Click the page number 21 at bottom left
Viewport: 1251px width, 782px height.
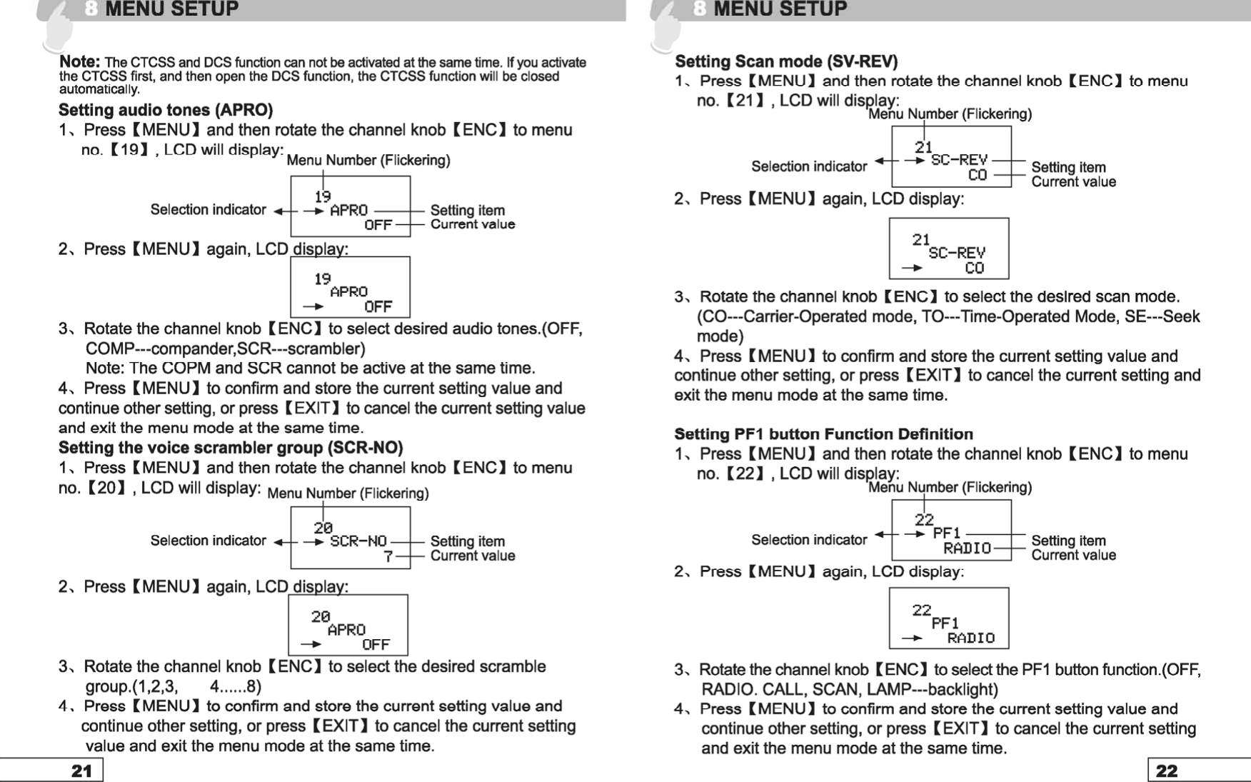81,771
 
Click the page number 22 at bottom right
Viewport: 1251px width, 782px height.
1166,771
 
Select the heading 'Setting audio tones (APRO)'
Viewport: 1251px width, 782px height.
166,110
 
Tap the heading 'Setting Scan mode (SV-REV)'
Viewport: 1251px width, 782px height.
786,61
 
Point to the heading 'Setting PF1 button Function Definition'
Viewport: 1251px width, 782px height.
823,434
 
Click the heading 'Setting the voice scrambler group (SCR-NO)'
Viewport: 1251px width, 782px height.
231,448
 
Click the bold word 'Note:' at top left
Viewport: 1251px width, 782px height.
79,62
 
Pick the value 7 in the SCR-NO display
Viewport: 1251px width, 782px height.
388,556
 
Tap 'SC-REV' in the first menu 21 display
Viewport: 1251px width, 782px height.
959,160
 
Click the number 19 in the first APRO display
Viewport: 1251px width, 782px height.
323,196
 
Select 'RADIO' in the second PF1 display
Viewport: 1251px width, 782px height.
970,638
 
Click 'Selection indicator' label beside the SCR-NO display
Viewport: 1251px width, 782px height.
208,541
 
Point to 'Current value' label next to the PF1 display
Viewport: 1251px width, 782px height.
1073,555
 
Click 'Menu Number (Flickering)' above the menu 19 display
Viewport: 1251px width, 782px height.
368,160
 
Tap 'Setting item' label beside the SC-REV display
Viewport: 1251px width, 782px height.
1068,167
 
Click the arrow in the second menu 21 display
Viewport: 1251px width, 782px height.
911,269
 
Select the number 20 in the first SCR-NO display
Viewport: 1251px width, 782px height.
323,528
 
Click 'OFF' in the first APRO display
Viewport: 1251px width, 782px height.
378,225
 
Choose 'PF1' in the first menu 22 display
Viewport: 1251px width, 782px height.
947,533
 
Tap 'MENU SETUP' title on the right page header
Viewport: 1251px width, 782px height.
780,9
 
